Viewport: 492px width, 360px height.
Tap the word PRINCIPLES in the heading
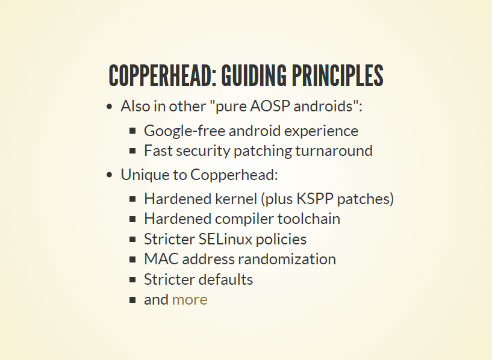coord(337,76)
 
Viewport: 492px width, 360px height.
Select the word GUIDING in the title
coord(254,76)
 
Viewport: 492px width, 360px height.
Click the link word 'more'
coord(190,300)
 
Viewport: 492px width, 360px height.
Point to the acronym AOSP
coord(270,106)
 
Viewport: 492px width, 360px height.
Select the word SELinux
coord(225,239)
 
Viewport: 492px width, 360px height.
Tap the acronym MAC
coord(161,259)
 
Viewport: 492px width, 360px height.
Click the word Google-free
coord(184,131)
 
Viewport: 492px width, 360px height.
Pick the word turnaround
coord(334,151)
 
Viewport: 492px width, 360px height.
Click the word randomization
coord(287,259)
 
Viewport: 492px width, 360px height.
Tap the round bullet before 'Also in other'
coord(109,107)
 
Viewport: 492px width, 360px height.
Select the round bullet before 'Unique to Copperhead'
coord(109,175)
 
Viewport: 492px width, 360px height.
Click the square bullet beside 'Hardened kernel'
coord(132,199)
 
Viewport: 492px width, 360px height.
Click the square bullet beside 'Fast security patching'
coord(132,151)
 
